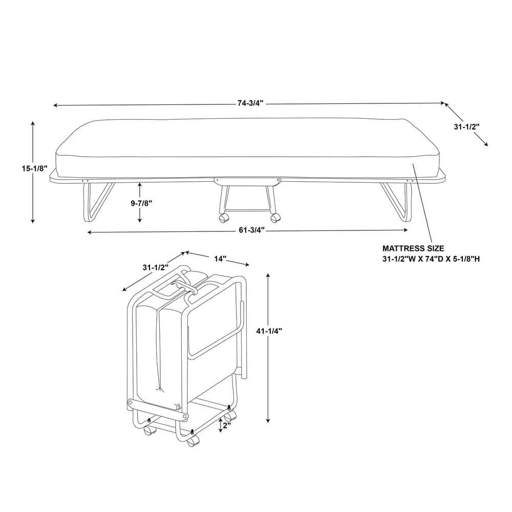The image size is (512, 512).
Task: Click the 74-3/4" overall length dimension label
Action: click(x=250, y=103)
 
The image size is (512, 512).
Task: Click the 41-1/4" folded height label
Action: click(x=268, y=331)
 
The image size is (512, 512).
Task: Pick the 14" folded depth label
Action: click(x=220, y=259)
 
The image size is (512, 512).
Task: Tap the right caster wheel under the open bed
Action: click(x=275, y=218)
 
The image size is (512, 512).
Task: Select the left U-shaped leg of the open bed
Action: click(x=95, y=202)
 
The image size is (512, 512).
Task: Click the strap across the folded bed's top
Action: click(x=184, y=288)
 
